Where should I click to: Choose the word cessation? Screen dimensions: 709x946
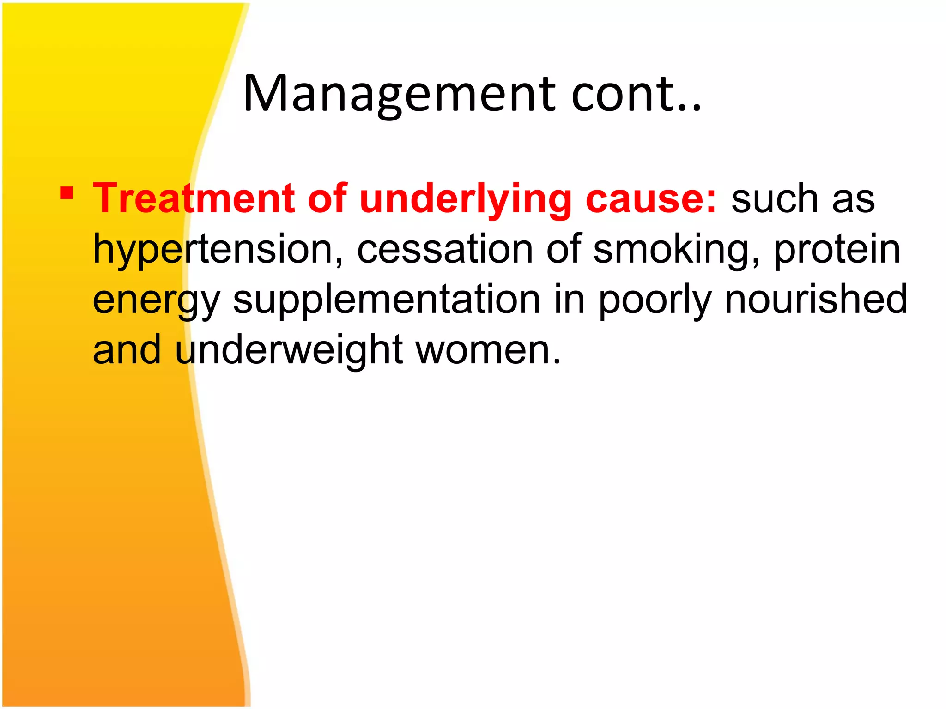446,249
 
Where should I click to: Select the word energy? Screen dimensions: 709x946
156,300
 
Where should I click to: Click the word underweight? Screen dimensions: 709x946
289,350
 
